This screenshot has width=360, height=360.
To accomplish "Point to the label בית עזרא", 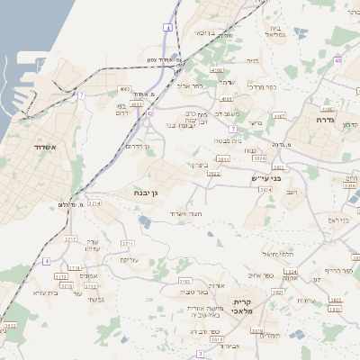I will tap(45, 292).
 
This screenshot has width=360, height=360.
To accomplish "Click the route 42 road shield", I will tap(150, 113).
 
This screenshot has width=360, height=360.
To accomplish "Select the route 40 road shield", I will tap(337, 60).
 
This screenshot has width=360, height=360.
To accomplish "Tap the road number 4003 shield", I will tap(124, 89).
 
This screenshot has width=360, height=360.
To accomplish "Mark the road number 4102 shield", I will tap(217, 68).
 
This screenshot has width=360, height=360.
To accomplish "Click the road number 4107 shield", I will tap(280, 116).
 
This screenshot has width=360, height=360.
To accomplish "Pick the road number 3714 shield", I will tap(94, 204).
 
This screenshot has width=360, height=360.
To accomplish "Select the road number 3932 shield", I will tap(10, 325).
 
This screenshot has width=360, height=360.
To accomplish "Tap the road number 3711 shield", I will tap(127, 243).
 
